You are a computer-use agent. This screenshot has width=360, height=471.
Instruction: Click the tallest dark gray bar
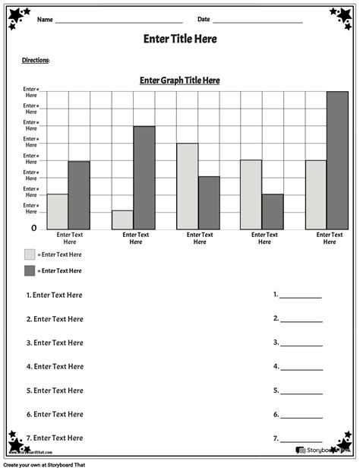coord(337,160)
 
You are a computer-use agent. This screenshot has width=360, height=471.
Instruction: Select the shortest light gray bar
coord(122,220)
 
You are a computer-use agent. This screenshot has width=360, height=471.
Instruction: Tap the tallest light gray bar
coord(187,185)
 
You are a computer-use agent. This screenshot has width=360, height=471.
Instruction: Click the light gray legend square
coord(30,254)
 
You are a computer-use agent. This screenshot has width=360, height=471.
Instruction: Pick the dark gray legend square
coord(30,270)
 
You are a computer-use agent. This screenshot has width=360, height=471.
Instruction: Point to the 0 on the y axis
coord(33,228)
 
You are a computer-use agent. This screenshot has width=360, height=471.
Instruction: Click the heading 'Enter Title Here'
coord(180,39)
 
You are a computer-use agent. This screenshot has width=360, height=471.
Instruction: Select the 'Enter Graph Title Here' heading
coord(180,80)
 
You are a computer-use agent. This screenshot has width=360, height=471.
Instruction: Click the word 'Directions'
coord(36,59)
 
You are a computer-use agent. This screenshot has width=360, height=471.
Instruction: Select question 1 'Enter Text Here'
coord(58,295)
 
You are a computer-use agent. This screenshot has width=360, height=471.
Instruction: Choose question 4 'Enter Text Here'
coord(58,366)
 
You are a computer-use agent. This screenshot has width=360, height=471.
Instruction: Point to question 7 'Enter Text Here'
coord(58,438)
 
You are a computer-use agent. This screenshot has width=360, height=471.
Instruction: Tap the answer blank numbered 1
coord(301,297)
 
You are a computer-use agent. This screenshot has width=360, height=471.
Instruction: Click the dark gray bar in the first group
coord(79,194)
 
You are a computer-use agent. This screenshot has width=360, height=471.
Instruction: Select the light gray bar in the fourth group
coord(251,194)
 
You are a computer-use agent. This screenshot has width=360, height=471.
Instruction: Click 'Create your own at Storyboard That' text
coord(45,464)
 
